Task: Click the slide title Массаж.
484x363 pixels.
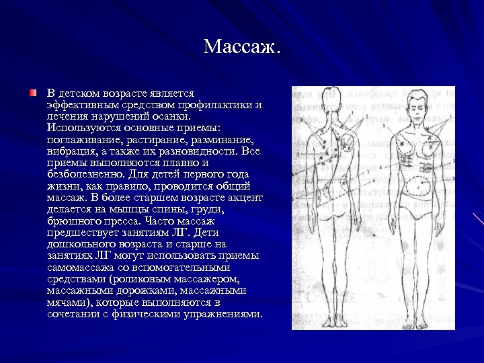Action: point(242,47)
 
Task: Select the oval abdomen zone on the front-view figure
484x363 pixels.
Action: point(421,186)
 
